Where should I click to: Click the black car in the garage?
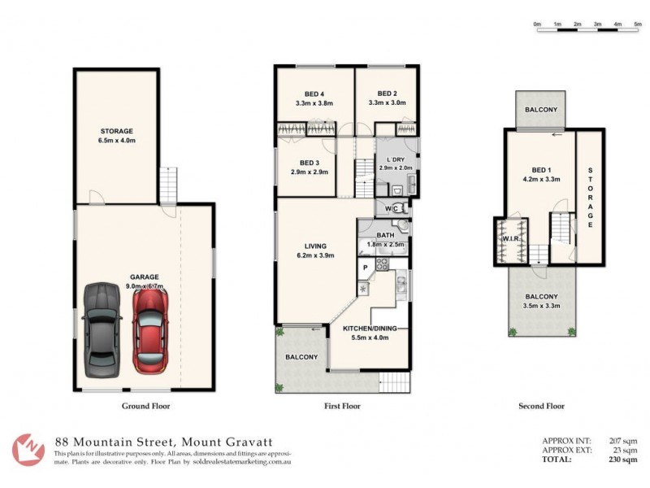point(102,327)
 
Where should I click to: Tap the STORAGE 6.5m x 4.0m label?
point(117,136)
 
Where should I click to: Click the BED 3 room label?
point(309,168)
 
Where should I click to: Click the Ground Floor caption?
point(145,406)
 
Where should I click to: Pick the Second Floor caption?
point(542,406)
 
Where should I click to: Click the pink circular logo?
point(29,449)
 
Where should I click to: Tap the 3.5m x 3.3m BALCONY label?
point(541,301)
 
